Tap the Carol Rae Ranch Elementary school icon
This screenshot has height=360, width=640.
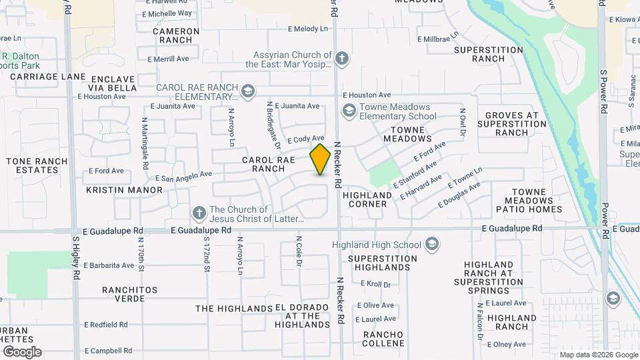[x=248, y=91]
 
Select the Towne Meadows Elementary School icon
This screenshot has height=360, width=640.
[x=348, y=110]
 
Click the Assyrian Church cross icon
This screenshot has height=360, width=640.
[x=342, y=59]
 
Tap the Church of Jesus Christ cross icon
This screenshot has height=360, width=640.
[x=198, y=213]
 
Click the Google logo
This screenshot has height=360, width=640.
[x=22, y=351]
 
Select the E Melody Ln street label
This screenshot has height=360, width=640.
[x=308, y=29]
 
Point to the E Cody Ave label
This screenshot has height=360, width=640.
[x=306, y=139]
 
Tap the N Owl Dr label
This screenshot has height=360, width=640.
[x=462, y=121]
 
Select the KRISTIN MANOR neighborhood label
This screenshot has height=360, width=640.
[x=124, y=190]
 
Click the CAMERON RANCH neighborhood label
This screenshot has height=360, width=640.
[x=176, y=35]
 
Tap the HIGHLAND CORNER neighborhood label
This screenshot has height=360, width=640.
[x=367, y=199]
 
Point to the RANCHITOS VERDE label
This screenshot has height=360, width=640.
[x=129, y=294]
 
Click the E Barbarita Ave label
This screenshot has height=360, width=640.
[x=109, y=265]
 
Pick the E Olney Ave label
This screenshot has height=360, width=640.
[x=507, y=344]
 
